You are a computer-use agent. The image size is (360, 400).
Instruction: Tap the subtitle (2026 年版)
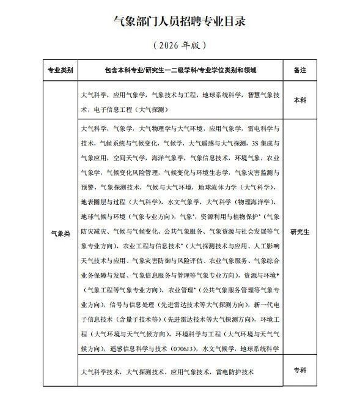pos(180,45)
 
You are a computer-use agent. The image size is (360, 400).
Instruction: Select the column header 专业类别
pos(61,71)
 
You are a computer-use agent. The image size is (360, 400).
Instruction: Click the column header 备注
pos(299,71)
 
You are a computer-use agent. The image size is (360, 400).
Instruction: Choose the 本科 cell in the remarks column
pos(299,100)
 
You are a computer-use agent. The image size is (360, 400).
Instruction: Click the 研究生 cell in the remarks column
pos(299,233)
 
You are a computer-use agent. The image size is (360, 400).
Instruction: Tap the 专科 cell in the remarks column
pos(299,369)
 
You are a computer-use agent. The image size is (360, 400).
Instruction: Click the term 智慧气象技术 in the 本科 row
pos(263,96)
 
